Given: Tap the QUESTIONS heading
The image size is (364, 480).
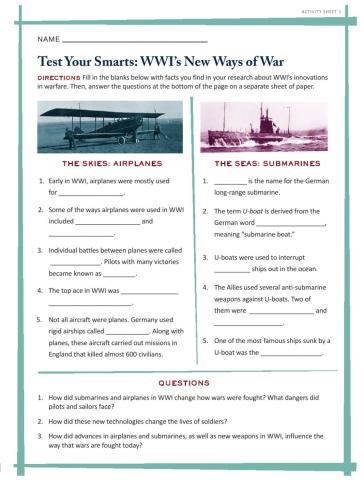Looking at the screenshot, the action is click(x=182, y=382).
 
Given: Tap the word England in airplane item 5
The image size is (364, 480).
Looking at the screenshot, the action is click(x=61, y=352).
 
